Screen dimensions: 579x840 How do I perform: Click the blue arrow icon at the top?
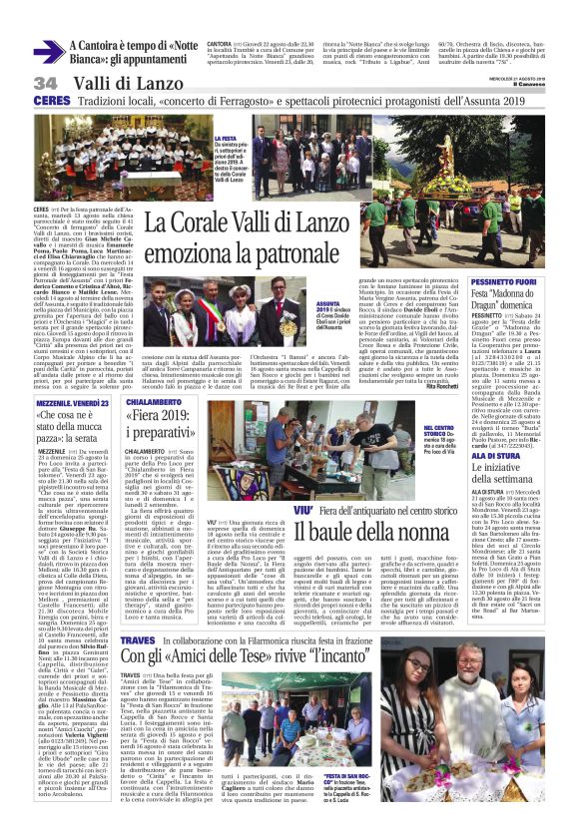(49, 52)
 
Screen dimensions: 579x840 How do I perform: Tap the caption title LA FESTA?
(224, 140)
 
